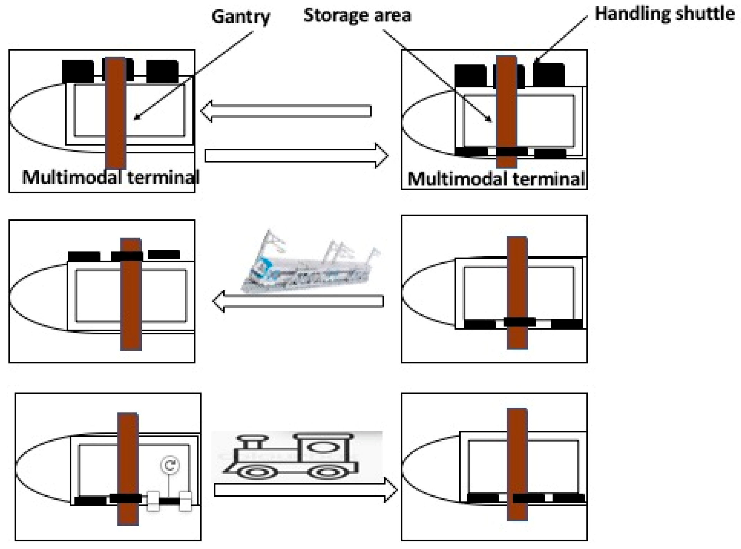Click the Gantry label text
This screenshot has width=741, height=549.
pos(240,16)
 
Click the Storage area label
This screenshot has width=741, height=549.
pos(357,15)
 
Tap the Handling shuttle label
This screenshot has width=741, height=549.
pos(664,14)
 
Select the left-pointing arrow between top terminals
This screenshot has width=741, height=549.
pos(286,111)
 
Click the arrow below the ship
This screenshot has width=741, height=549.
pos(298,301)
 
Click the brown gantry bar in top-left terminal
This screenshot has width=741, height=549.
pos(115,113)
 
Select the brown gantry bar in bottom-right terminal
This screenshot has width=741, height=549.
pos(517,464)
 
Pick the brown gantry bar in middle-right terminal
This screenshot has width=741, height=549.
pos(517,293)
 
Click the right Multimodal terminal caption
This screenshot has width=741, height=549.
pos(496,179)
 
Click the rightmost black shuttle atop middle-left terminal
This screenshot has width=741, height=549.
pos(164,254)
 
